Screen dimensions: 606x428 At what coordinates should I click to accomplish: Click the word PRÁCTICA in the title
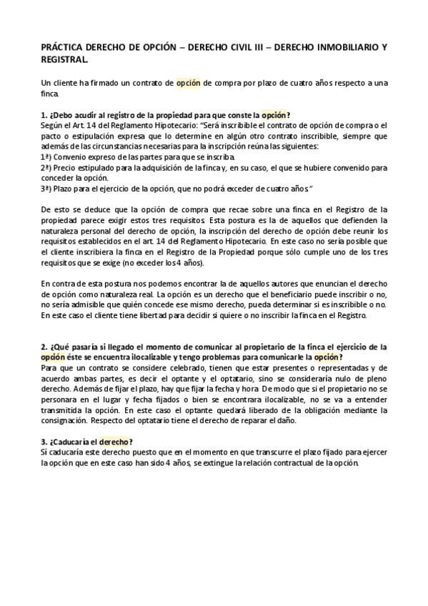pyautogui.click(x=63, y=48)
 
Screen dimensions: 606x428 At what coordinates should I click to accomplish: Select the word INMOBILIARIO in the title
pyautogui.click(x=336, y=48)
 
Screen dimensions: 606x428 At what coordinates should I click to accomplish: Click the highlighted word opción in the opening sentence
pyautogui.click(x=189, y=84)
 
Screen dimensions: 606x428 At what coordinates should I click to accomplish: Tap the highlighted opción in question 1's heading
pyautogui.click(x=275, y=114)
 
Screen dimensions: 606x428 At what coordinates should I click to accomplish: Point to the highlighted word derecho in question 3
pyautogui.click(x=114, y=442)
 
